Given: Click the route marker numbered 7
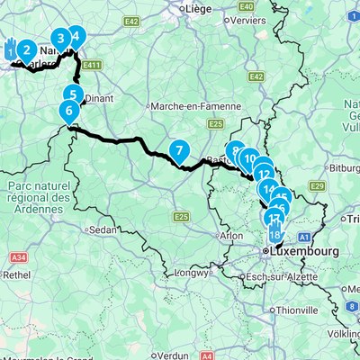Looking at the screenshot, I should coord(179,150).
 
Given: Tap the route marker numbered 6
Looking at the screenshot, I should coord(68,112).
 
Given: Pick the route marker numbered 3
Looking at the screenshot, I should coord(60,38).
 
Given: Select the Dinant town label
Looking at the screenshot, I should coord(100,101).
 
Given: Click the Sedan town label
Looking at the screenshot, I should coord(104,229).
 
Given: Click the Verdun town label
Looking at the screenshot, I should coord(175,355).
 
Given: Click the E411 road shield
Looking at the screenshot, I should coord(90,65).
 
